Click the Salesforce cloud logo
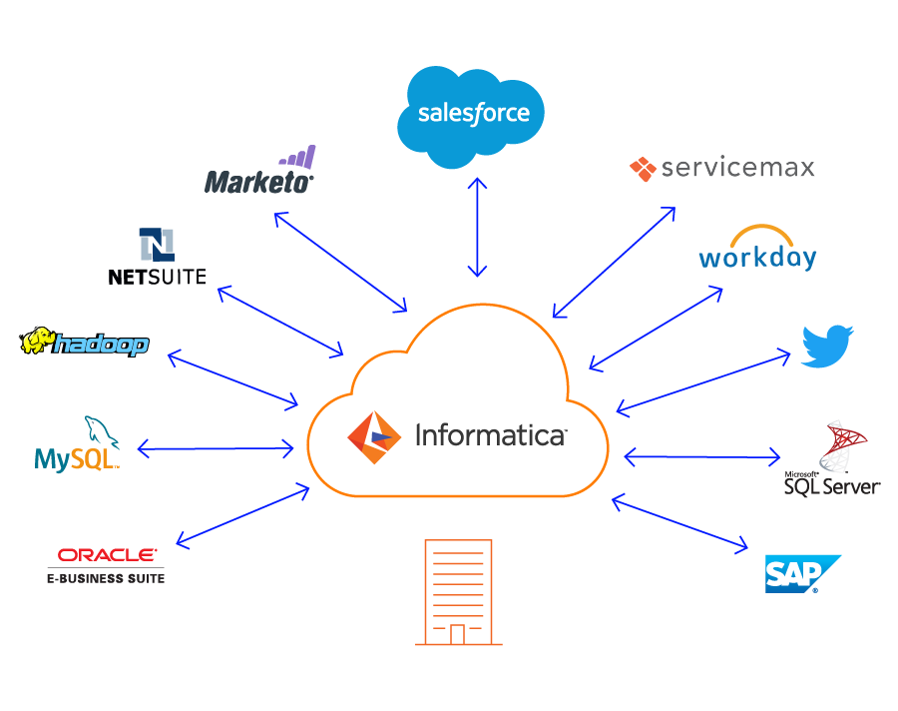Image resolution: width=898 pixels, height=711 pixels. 472,112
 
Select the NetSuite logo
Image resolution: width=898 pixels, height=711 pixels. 157,258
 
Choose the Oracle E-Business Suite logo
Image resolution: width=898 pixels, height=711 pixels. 106,564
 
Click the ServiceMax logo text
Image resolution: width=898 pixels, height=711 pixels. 738,168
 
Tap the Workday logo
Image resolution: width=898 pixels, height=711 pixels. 757,250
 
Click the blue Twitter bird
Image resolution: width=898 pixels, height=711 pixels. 828,346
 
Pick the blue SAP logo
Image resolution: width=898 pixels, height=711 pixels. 801,573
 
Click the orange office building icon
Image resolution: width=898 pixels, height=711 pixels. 458,592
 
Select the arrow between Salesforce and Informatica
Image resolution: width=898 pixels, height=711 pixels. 480,228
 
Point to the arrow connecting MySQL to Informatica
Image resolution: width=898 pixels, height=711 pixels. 216,449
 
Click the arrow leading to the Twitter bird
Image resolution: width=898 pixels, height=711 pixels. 704,382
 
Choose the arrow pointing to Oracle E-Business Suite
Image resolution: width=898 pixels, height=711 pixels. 242,515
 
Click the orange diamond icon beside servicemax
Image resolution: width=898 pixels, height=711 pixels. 643,169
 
